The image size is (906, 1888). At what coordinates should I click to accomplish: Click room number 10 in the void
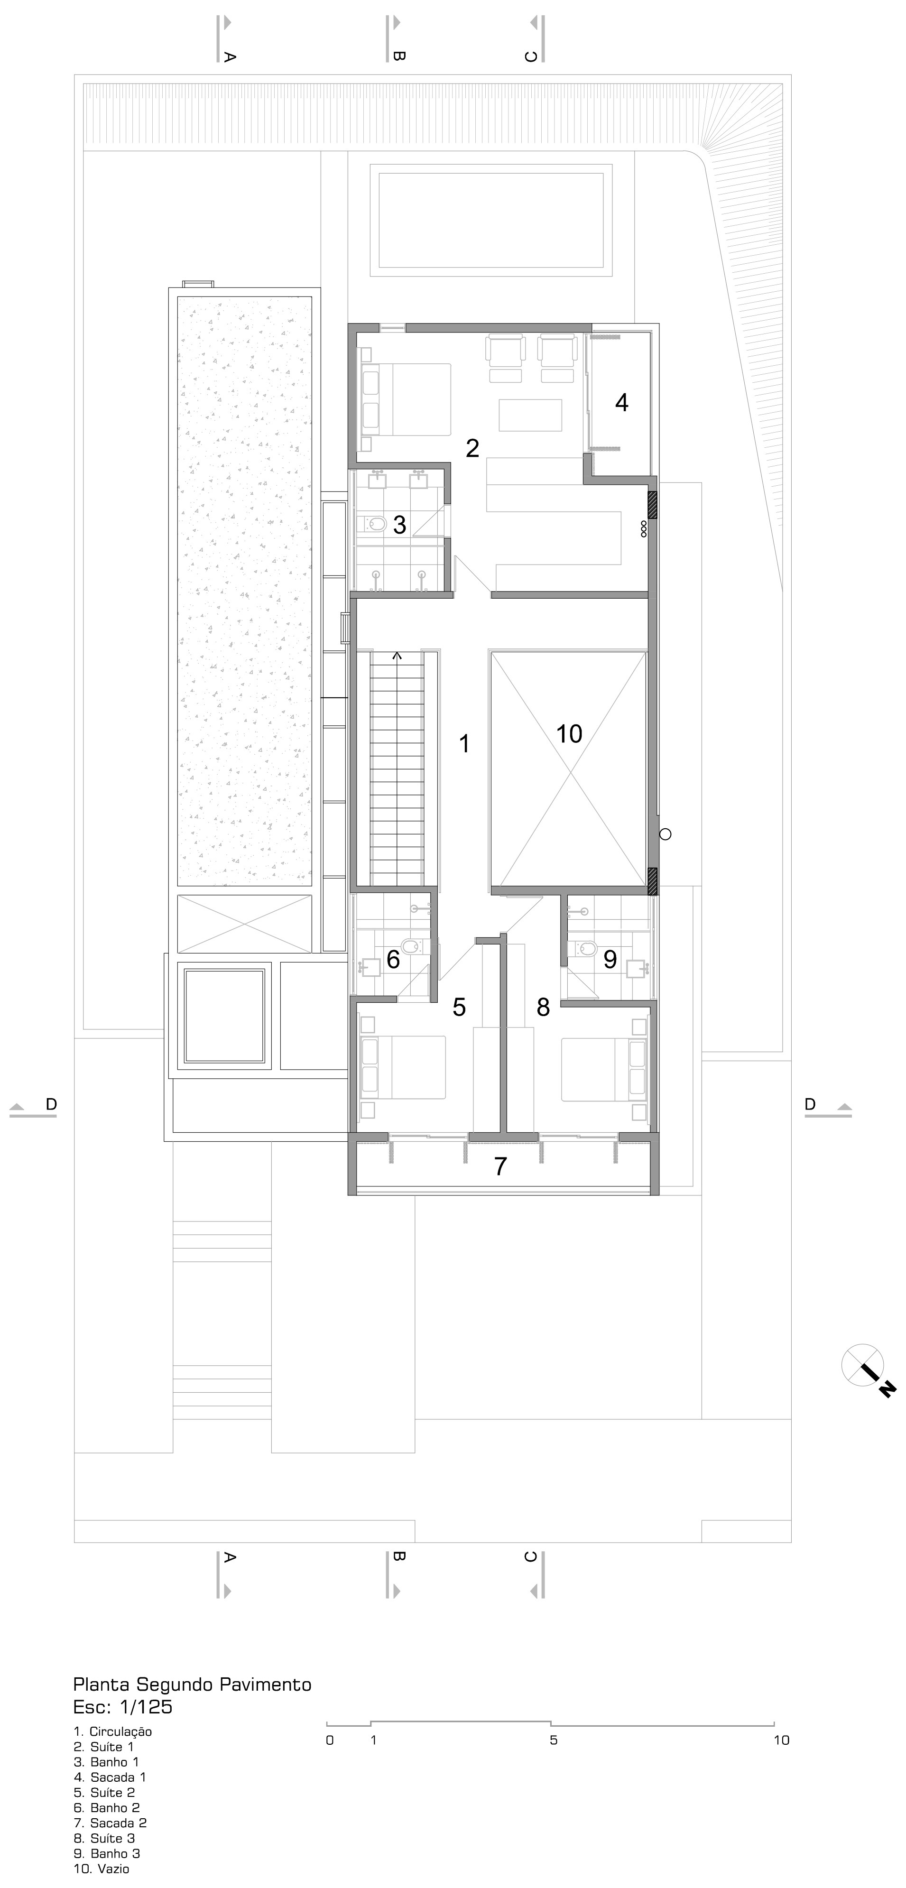coord(569,734)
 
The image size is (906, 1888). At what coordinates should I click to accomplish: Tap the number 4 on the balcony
coord(621,402)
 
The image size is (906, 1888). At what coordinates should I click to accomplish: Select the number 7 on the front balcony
coord(500,1166)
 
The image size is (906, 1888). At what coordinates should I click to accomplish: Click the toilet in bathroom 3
coord(375,524)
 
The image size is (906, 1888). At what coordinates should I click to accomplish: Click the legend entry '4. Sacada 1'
coord(110,1777)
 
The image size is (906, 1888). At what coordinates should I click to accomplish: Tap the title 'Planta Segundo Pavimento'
coord(192,1684)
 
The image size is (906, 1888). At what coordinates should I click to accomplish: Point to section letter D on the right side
coord(810,1104)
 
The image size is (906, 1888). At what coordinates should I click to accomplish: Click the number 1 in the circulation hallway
coord(463,744)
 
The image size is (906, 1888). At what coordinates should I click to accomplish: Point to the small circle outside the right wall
coord(666,833)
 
